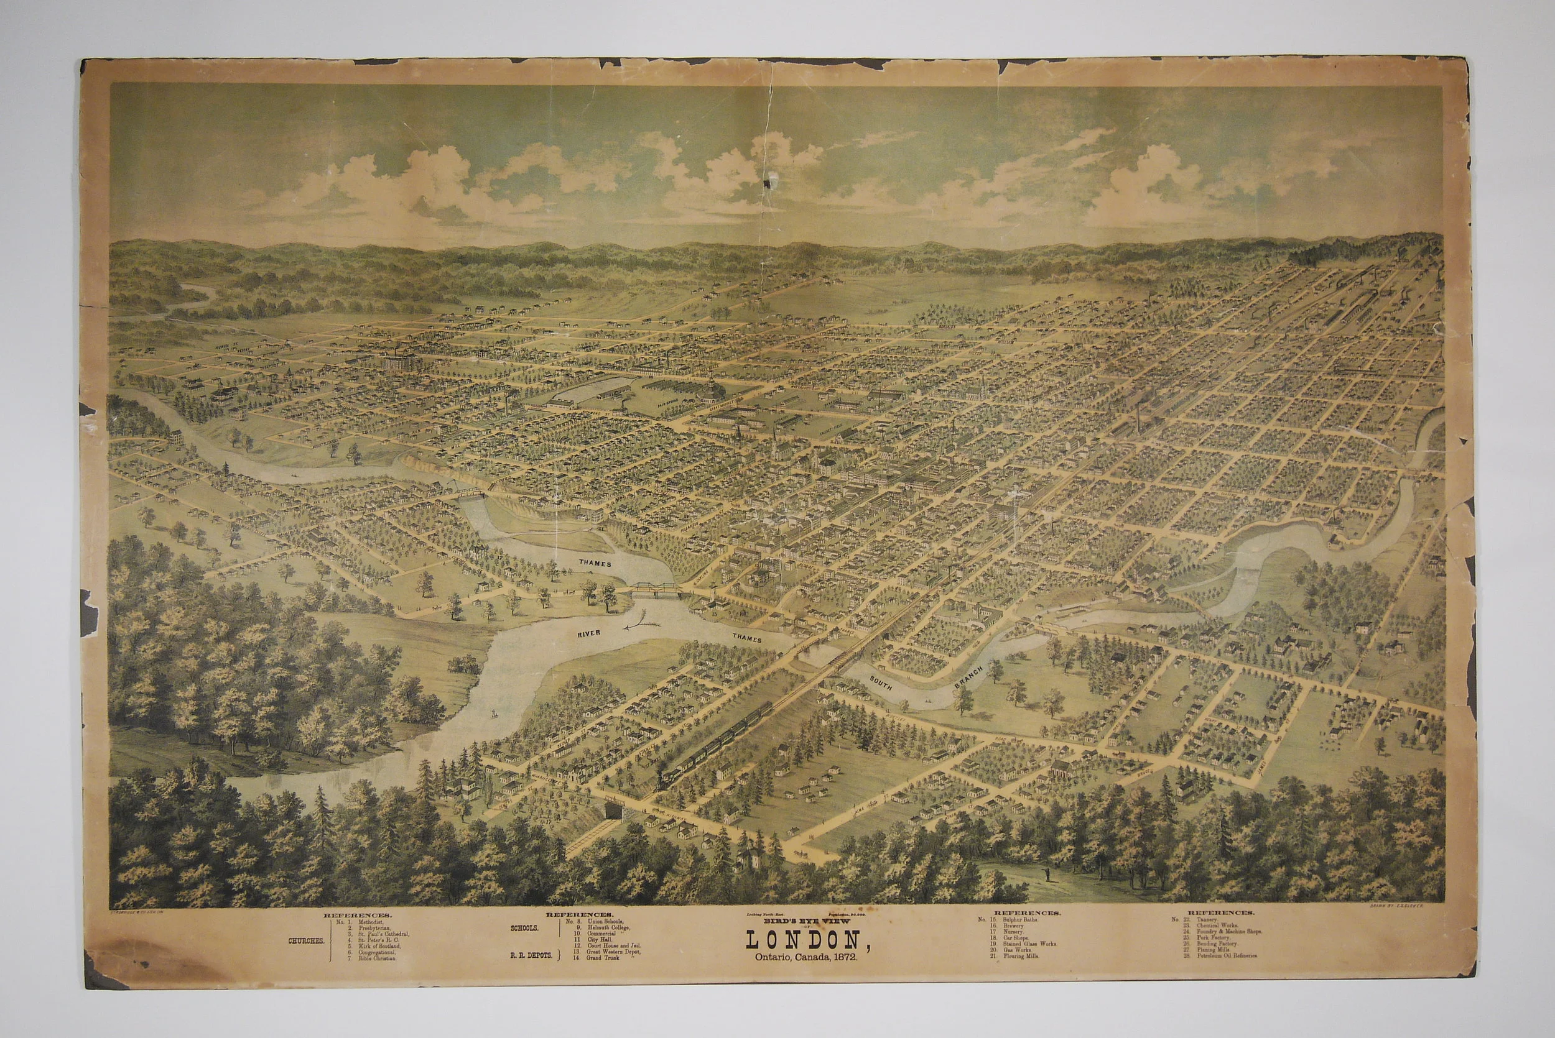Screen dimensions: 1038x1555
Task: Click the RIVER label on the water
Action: point(587,633)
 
